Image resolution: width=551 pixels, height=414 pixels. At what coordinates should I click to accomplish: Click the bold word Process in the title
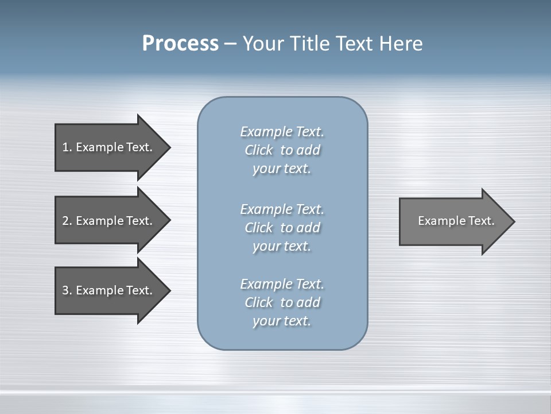tap(180, 44)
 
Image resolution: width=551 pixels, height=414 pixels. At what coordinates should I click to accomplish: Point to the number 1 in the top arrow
tap(65, 147)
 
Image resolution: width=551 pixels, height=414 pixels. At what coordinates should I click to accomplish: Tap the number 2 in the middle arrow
tap(65, 221)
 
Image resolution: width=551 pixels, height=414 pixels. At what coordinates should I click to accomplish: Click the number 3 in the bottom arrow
tap(65, 290)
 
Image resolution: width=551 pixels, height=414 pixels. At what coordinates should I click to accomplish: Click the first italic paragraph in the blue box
tap(282, 150)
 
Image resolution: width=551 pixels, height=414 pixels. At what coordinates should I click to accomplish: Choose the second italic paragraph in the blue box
tap(282, 227)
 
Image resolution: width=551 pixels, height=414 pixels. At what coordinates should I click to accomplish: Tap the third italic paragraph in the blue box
tap(282, 302)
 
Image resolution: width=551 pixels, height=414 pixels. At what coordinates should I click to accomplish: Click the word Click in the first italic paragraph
tap(259, 150)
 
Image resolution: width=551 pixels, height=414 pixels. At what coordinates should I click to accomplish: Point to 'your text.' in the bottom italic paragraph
tap(282, 321)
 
